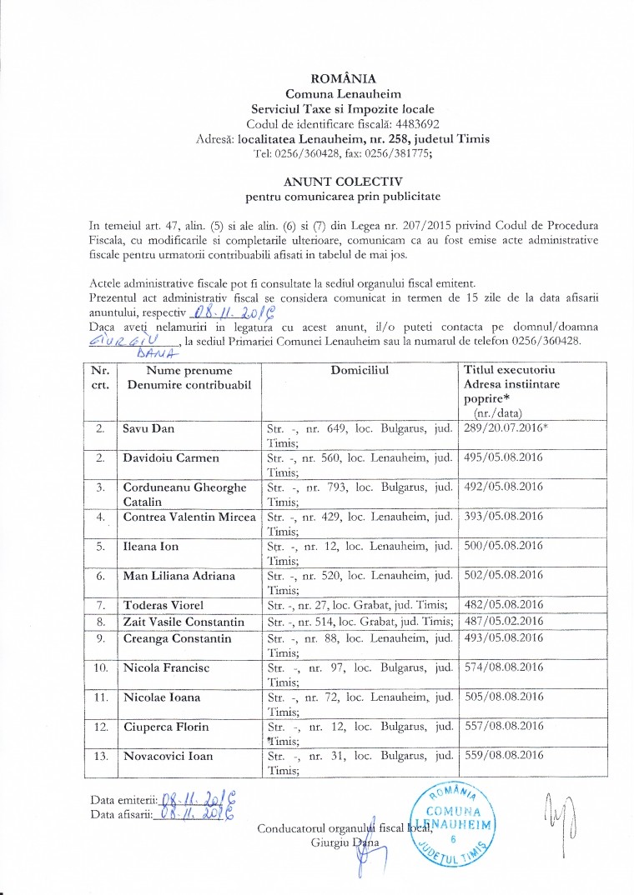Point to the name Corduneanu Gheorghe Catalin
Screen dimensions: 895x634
click(184, 493)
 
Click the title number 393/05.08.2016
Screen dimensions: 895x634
click(502, 517)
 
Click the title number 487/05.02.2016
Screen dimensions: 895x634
click(502, 621)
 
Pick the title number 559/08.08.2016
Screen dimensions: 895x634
click(502, 756)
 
